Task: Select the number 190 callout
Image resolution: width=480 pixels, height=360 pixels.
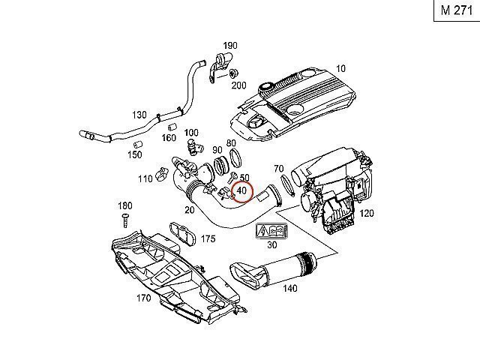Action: click(x=230, y=46)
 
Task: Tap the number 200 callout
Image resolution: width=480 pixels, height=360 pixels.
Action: click(x=238, y=85)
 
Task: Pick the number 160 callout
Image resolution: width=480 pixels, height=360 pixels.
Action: click(x=168, y=138)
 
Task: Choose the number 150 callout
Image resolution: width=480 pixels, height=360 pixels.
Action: click(x=134, y=154)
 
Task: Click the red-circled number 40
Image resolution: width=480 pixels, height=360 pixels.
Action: click(x=241, y=192)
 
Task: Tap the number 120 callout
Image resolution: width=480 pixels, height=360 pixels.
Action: click(x=367, y=214)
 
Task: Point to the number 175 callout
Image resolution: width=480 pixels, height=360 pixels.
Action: click(x=208, y=238)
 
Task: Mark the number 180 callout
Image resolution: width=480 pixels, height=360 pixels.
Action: click(x=125, y=205)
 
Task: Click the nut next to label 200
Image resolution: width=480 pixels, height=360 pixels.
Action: click(x=234, y=73)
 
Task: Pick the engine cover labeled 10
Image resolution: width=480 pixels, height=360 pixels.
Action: click(x=300, y=105)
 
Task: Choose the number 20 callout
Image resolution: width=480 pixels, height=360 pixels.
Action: click(x=189, y=211)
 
